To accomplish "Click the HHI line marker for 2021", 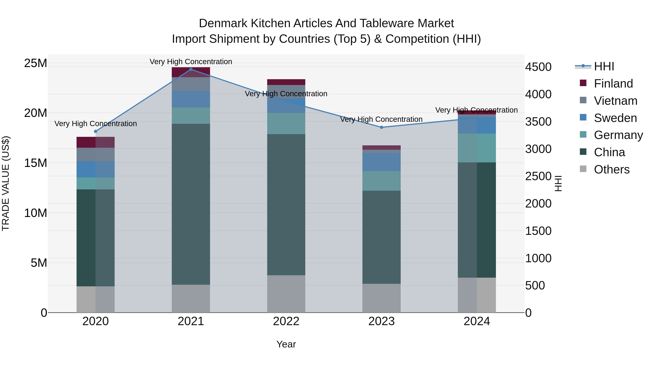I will click(x=191, y=69).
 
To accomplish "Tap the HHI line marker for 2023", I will click(x=381, y=127).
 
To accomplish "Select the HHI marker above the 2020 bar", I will click(x=96, y=131).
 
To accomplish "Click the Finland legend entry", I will click(x=613, y=84).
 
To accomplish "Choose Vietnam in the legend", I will click(x=615, y=101).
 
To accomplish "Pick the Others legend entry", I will click(x=611, y=169).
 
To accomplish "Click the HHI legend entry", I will click(x=604, y=66).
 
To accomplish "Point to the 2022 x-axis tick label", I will click(x=286, y=321).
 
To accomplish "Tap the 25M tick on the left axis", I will click(x=36, y=63).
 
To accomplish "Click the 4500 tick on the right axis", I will click(x=538, y=67).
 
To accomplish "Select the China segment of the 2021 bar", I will click(x=191, y=204).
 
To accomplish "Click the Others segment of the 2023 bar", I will click(x=381, y=298).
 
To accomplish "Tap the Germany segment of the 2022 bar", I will click(x=286, y=123).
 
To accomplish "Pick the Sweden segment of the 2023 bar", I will click(x=381, y=162).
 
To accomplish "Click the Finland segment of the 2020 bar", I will click(x=96, y=142).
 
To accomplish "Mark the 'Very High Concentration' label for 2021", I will click(x=191, y=62).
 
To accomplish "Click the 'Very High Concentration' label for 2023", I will click(x=381, y=119).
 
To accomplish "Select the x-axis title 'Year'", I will click(x=286, y=344).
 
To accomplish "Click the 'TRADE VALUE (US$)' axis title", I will click(x=6, y=183).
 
